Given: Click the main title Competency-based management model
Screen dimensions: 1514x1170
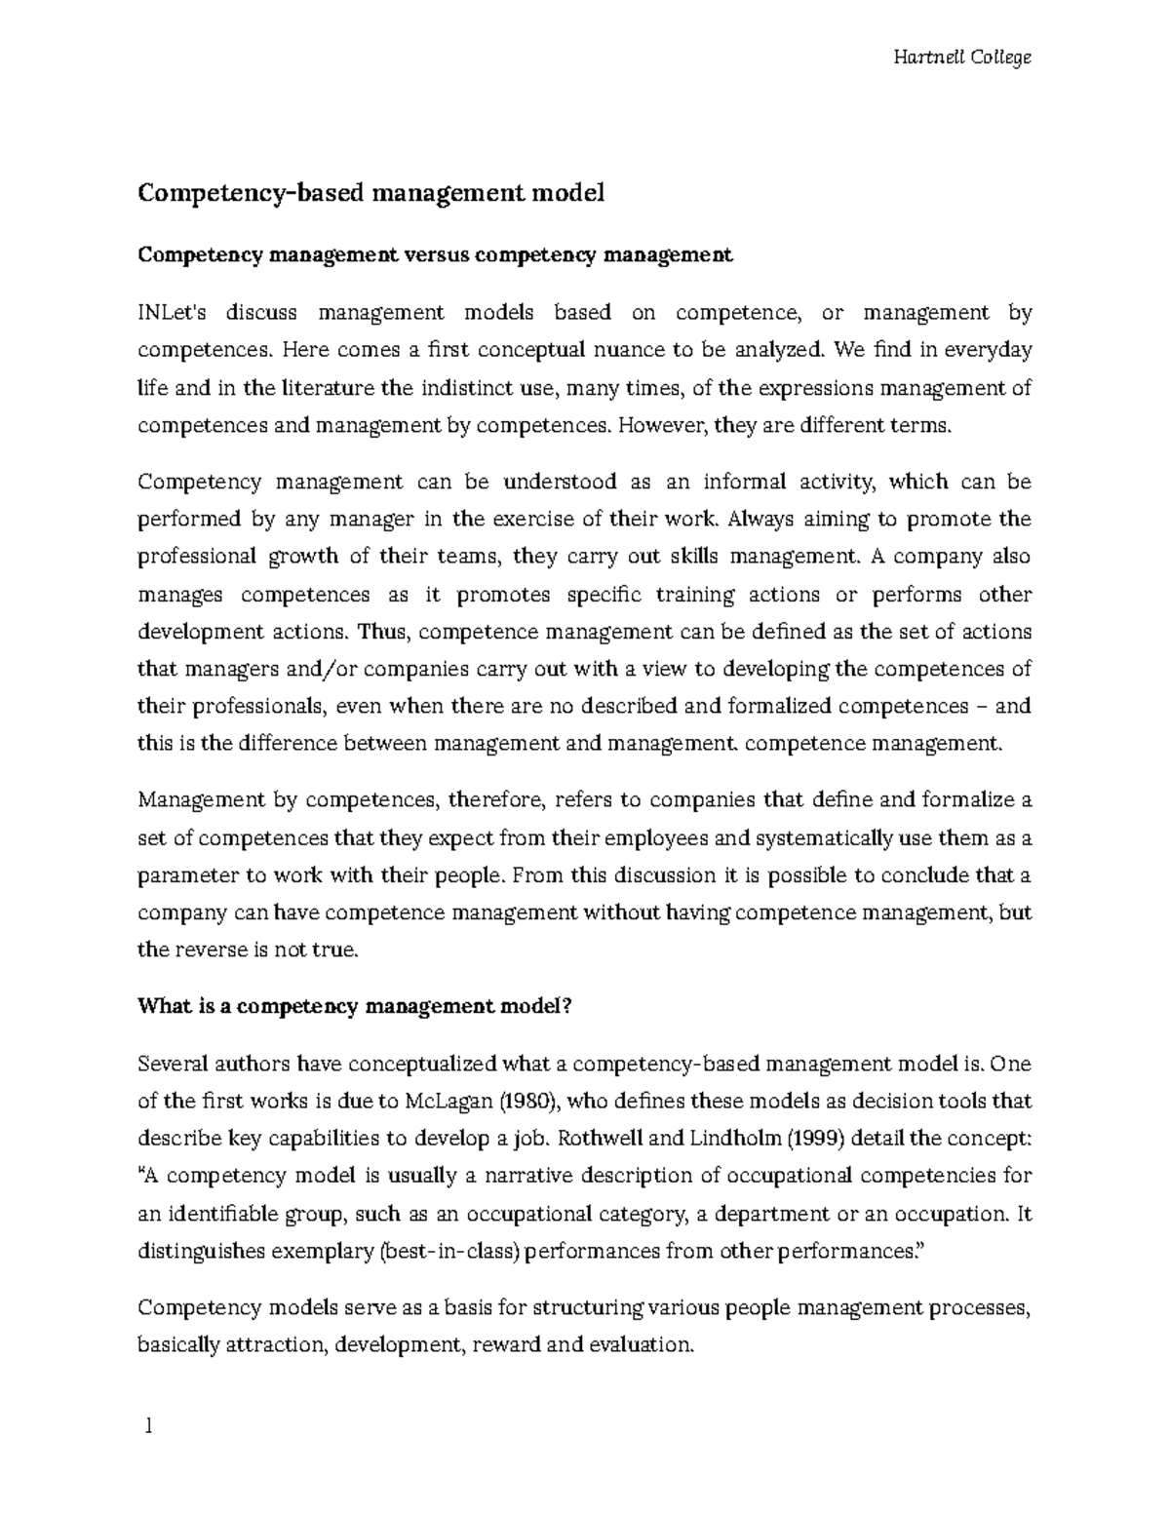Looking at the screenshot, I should (x=370, y=193).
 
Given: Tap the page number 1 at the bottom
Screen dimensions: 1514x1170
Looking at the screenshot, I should (x=148, y=1427).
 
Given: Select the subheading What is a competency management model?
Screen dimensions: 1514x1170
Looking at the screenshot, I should (x=353, y=1007).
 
